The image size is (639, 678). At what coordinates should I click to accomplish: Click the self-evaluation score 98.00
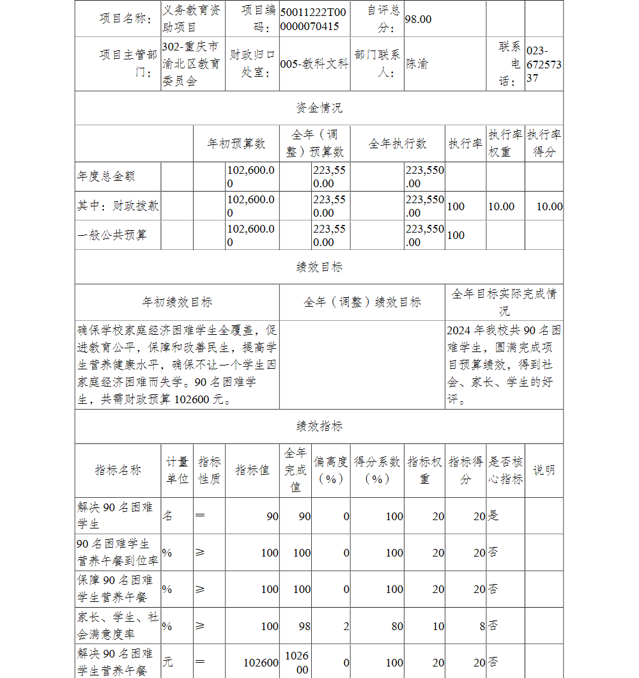pos(419,19)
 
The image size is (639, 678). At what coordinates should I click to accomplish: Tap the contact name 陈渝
pos(417,64)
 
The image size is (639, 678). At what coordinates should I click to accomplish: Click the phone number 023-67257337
pos(544,64)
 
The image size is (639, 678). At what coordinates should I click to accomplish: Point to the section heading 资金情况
pos(319,108)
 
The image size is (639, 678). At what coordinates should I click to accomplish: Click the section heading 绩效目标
pos(319,267)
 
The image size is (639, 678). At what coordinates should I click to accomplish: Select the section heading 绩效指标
pos(319,426)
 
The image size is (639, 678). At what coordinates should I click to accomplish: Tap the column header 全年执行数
pos(397,144)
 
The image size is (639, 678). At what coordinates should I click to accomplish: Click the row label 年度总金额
pos(106,176)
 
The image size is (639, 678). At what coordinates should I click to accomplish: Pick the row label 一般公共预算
pos(112,235)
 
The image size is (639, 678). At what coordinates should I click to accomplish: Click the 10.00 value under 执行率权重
pos(501,206)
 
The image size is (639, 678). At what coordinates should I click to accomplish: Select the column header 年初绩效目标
pos(177,302)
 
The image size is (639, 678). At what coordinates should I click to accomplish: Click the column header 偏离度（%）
pos(331,470)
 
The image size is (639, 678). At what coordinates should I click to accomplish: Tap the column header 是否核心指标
pos(505,470)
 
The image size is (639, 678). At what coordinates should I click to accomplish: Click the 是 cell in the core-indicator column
pos(493,516)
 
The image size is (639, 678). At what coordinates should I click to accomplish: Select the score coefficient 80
pos(397,626)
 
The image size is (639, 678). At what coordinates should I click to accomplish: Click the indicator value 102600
pos(261,663)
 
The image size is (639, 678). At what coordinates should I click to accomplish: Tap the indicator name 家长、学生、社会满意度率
pos(118,626)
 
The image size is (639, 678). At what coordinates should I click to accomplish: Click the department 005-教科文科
pos(314,64)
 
